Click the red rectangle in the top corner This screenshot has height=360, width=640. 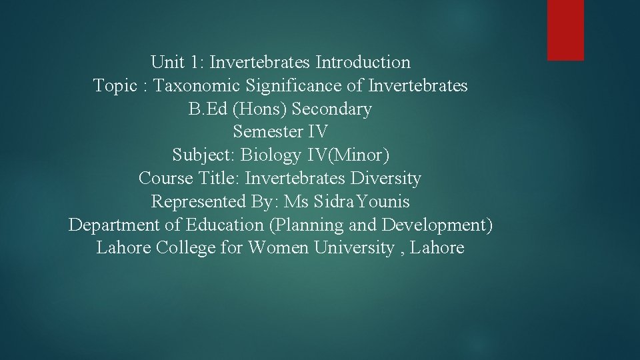tap(565, 30)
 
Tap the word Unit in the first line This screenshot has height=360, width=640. tap(167, 63)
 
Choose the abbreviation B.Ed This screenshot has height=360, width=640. tap(205, 109)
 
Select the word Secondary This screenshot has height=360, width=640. tap(332, 109)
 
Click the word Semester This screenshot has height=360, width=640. tap(267, 132)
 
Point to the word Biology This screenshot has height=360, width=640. tap(271, 155)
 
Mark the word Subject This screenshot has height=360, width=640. tap(202, 155)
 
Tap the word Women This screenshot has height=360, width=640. tap(279, 248)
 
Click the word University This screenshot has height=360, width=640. tap(353, 248)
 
